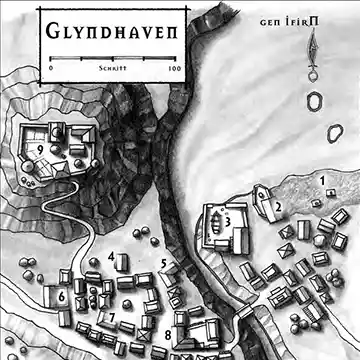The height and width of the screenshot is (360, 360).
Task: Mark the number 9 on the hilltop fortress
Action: [x=38, y=150]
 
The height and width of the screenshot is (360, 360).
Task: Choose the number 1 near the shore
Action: [x=323, y=180]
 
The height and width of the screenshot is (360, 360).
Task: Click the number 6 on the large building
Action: [x=62, y=297]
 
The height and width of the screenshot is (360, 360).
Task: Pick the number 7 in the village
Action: [x=112, y=318]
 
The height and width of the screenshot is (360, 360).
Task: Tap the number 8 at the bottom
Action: [x=168, y=335]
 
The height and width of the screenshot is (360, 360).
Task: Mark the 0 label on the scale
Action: [x=50, y=71]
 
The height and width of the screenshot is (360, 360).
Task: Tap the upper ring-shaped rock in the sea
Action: [x=318, y=101]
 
